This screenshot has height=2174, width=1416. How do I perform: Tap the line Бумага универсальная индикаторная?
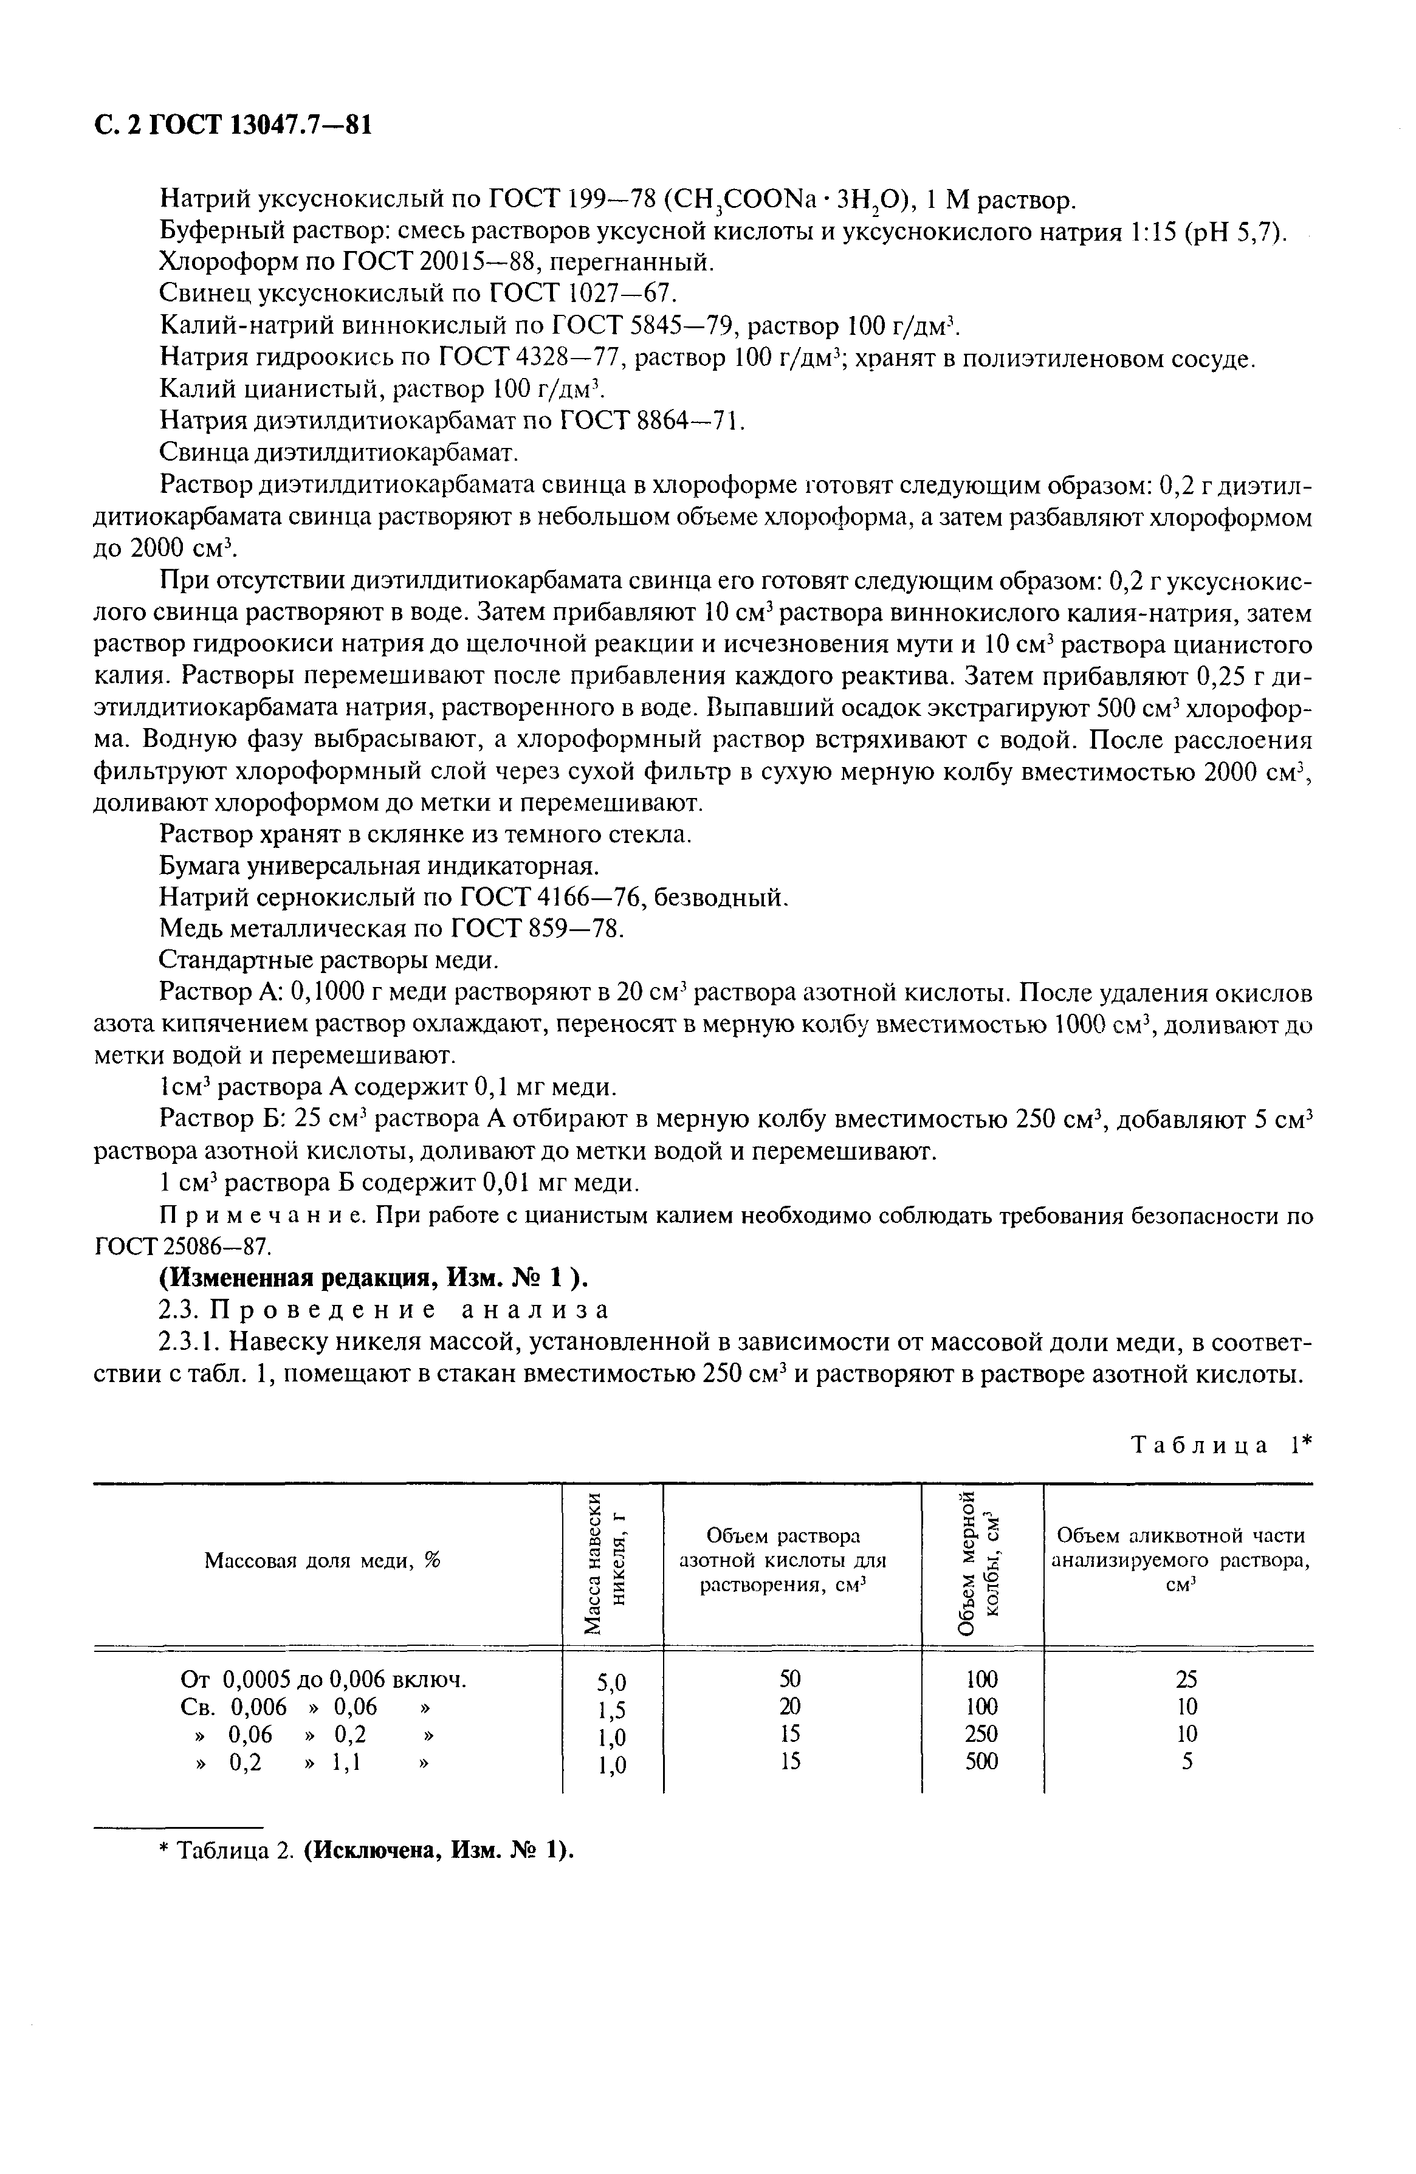tap(379, 865)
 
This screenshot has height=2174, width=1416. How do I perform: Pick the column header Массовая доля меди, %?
tap(321, 1561)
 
